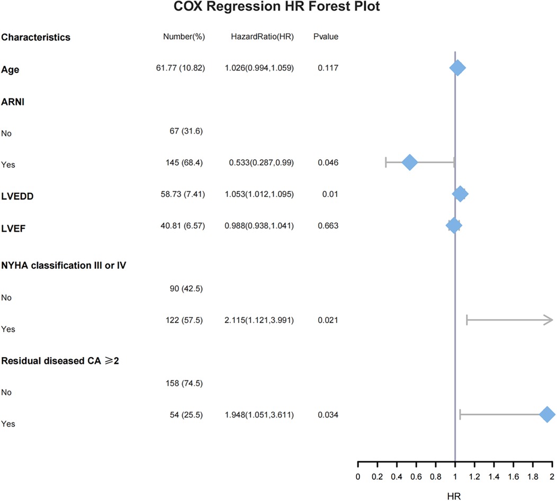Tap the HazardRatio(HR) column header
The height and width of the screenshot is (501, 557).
point(262,37)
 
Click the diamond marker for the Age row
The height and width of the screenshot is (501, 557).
point(457,68)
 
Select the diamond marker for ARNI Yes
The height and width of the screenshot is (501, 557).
point(410,162)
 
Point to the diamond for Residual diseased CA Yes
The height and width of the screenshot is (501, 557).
point(547,415)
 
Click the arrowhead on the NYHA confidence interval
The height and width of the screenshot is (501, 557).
point(551,320)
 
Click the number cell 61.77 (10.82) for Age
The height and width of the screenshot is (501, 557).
point(178,68)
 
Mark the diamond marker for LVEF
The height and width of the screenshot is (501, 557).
point(454,226)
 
